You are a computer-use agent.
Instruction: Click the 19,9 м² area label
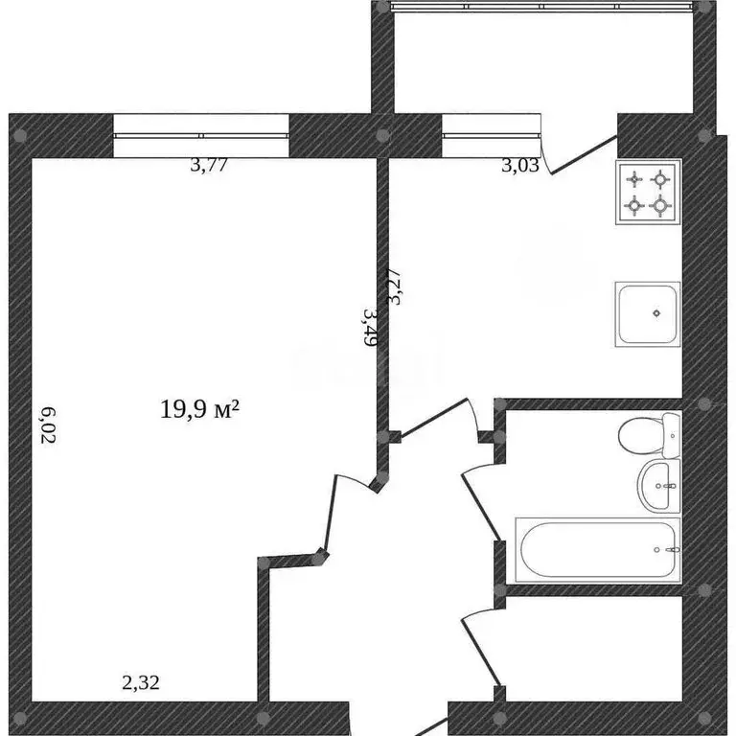[x=198, y=410]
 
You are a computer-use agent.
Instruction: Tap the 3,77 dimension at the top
[x=209, y=165]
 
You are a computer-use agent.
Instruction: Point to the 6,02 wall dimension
[x=49, y=425]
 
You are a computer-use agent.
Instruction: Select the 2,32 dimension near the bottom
[x=141, y=683]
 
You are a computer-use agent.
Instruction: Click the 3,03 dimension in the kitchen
[x=520, y=165]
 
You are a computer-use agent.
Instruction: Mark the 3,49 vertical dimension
[x=370, y=326]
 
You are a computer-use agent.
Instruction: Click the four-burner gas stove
[x=648, y=192]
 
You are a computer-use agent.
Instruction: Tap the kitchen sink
[x=648, y=312]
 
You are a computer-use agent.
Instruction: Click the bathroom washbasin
[x=659, y=485]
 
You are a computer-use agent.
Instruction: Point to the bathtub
[x=598, y=550]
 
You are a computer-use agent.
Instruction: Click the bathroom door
[x=479, y=498]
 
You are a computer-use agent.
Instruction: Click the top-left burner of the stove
[x=634, y=178]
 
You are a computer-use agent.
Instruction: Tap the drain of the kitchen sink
[x=656, y=312]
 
